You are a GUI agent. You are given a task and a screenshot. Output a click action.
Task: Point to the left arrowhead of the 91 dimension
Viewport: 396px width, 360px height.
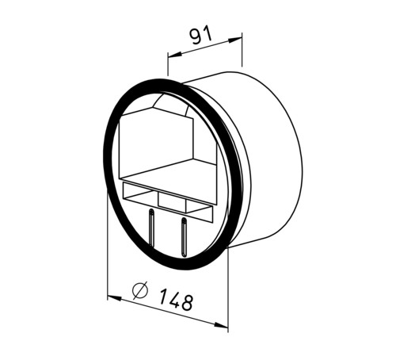point(175,54)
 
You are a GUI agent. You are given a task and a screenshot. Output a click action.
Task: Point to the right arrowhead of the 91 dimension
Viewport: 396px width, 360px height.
point(234,40)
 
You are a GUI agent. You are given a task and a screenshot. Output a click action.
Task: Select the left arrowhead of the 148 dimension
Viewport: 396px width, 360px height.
point(115,299)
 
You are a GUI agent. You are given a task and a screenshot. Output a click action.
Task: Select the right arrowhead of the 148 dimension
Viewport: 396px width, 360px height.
point(221,325)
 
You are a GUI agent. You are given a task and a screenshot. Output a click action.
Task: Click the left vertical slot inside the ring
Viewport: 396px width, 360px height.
point(151,227)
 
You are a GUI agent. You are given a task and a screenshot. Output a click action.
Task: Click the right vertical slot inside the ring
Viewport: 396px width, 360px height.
point(183,236)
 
